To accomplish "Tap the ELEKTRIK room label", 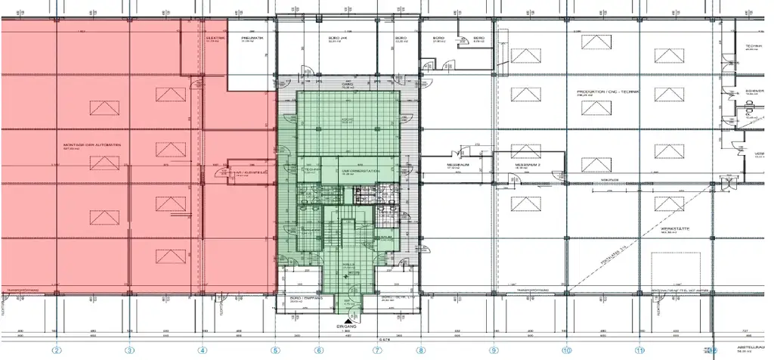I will [215, 38].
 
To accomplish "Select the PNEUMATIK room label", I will [251, 38].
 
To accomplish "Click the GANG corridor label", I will [348, 85].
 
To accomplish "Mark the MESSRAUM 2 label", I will [526, 164].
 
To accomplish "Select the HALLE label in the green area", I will [349, 264].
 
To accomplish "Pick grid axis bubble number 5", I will [276, 350].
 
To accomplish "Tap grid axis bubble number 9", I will [494, 350].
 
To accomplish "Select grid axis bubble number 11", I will [639, 350].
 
